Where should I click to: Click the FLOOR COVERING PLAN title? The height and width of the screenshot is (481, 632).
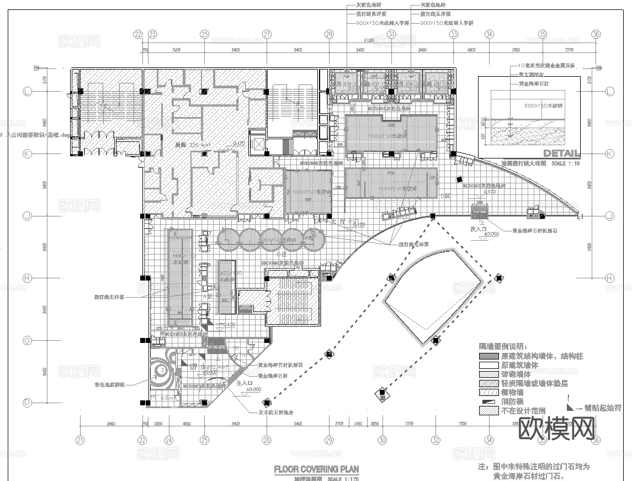pos(316,469)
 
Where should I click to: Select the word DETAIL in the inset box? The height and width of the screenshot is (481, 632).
pos(561,153)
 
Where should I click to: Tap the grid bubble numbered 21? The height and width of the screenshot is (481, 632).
pos(81,440)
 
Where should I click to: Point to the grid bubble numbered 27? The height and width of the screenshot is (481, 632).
pos(267,34)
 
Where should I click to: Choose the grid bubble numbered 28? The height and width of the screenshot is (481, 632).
pos(267,440)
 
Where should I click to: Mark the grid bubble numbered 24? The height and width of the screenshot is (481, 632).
pos(169,440)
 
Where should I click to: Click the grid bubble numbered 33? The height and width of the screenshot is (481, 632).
pos(454,34)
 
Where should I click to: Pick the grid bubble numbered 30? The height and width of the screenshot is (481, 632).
pos(382,440)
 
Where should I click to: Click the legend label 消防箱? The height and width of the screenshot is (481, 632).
pos(511,401)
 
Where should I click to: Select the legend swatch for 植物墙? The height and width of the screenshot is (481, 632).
pos(488,393)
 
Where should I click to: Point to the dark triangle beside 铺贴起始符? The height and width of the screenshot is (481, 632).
pos(570,406)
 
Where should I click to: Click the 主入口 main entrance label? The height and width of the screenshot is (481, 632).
pos(245,382)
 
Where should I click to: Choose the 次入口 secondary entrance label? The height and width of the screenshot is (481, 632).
pos(478,228)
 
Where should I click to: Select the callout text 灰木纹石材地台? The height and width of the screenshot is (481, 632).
pos(275,412)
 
